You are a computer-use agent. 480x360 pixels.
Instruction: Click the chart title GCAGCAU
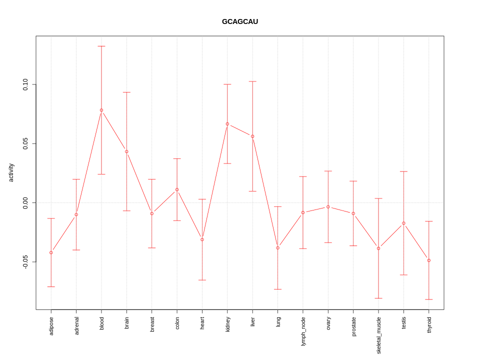point(240,21)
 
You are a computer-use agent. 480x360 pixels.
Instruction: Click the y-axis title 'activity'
point(11,172)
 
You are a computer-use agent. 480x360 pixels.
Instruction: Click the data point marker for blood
point(101,110)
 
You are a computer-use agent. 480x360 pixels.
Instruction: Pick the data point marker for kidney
point(227,124)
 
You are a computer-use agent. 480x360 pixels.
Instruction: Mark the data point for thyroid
point(429,260)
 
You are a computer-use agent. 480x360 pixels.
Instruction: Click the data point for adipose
point(51,252)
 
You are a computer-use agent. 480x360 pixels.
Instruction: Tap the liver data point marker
point(252,136)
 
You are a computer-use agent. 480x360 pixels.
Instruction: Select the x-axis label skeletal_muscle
point(378,335)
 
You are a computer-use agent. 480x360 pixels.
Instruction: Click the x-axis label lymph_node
point(303,331)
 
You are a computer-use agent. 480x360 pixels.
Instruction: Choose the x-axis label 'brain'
point(126,323)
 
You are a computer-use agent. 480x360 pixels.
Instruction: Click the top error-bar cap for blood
point(101,46)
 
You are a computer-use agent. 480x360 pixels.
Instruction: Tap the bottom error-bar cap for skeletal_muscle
point(378,298)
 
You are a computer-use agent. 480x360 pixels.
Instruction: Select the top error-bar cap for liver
point(252,81)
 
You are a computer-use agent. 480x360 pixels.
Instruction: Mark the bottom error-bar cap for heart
point(202,280)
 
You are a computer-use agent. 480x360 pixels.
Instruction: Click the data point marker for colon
point(177,189)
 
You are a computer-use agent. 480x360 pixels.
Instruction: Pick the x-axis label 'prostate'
point(353,326)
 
